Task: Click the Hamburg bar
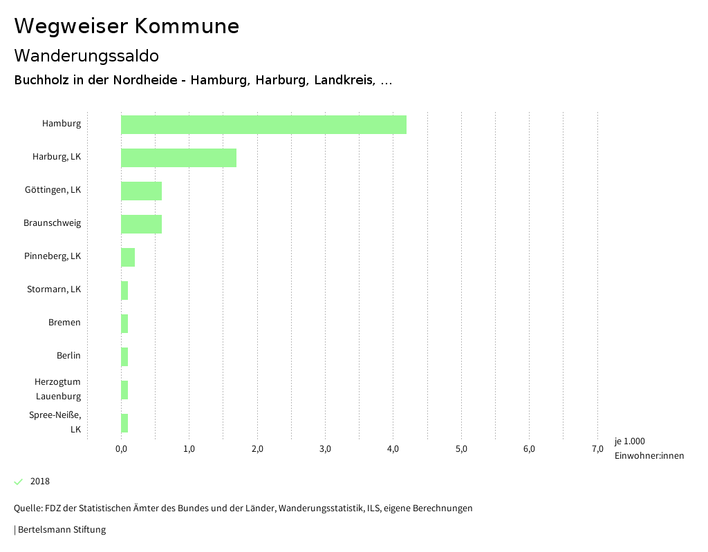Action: [x=263, y=124]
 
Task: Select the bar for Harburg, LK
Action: [x=178, y=158]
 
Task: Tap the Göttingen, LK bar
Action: [x=141, y=191]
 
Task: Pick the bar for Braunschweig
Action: [x=141, y=224]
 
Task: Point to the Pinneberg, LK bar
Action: [x=128, y=257]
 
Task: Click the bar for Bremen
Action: [x=124, y=323]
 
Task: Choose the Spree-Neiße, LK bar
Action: [x=124, y=423]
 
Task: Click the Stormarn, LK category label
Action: [x=54, y=289]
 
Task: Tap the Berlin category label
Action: [x=68, y=355]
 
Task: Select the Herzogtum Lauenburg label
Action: [x=58, y=389]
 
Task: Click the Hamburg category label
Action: [x=62, y=124]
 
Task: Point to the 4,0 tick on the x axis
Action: [x=393, y=449]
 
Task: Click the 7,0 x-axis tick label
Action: [x=597, y=449]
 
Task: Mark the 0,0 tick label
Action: [x=121, y=449]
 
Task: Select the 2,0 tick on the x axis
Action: [x=257, y=449]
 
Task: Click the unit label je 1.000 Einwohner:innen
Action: [x=649, y=448]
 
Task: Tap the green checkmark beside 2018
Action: [x=19, y=482]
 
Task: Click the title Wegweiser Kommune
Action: [x=127, y=26]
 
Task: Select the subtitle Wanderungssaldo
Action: [x=86, y=55]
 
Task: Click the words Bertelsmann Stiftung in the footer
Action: [x=62, y=530]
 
